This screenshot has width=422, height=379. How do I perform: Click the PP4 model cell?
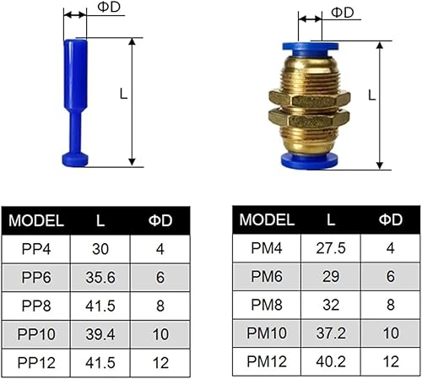click(x=36, y=249)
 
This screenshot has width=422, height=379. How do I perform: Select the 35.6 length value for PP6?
click(x=100, y=277)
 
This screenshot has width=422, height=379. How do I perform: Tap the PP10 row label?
click(x=36, y=334)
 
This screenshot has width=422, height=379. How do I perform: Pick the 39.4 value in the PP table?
click(x=100, y=334)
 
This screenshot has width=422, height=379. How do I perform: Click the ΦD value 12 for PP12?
click(x=160, y=362)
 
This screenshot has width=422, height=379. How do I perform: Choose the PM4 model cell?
click(x=267, y=248)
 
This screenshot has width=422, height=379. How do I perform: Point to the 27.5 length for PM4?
click(x=331, y=248)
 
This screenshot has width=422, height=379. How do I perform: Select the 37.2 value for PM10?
click(x=331, y=333)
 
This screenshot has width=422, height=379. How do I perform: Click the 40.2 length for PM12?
click(x=331, y=361)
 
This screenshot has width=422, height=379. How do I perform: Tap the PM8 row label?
click(x=267, y=305)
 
